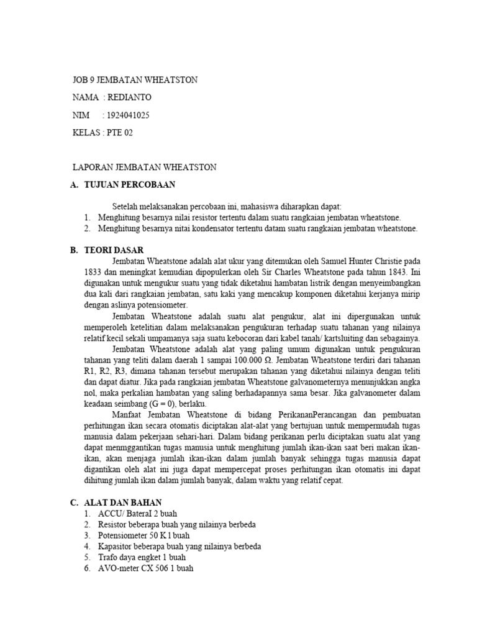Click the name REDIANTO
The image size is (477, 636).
click(129, 98)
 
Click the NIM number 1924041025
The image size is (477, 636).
click(129, 115)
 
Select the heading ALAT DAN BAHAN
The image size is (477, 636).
click(129, 502)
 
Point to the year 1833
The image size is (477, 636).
click(93, 272)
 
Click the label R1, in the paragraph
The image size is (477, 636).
click(91, 372)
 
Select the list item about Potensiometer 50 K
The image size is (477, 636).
click(143, 535)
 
